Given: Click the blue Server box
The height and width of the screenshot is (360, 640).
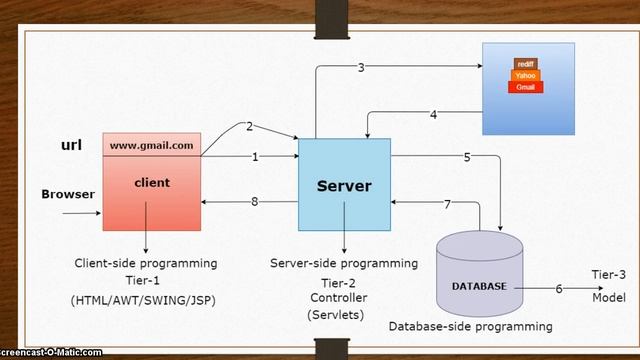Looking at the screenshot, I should (344, 185).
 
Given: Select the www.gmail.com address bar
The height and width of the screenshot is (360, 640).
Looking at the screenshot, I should (151, 145).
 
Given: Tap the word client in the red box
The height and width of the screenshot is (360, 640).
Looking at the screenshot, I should (151, 183).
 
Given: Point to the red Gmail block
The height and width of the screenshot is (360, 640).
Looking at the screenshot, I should (526, 88).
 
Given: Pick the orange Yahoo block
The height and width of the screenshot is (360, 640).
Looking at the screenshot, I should (526, 75).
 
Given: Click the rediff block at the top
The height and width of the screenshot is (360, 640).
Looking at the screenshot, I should (526, 63).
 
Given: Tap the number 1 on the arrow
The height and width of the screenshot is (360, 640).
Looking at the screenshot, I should (255, 157).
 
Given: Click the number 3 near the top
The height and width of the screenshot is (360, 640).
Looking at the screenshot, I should (361, 67).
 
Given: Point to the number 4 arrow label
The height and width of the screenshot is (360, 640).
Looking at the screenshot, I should (433, 115).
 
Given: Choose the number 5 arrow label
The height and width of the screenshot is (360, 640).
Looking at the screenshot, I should (467, 157).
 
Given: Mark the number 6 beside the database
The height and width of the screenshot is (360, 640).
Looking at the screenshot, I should (558, 288).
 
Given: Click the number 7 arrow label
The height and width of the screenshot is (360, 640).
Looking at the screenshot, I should (447, 203).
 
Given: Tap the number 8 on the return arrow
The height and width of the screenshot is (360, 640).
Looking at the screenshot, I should (255, 202).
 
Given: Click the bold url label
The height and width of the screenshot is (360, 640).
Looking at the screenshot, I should (71, 145).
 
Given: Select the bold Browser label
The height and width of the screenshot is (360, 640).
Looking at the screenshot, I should (68, 194).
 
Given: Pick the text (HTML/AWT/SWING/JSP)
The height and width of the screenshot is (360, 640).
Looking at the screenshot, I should (146, 300).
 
